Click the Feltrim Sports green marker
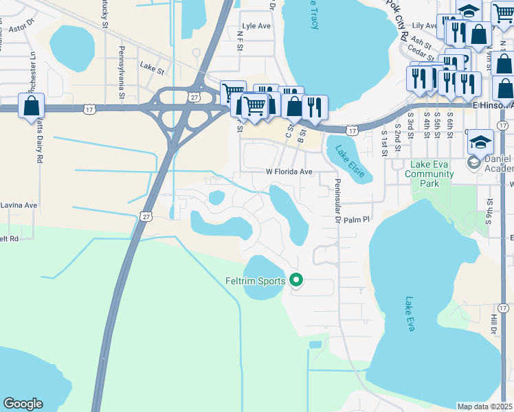pyautogui.click(x=297, y=280)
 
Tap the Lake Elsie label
pyautogui.click(x=349, y=160)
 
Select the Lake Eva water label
pyautogui.click(x=410, y=314)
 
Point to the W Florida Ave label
pyautogui.click(x=289, y=172)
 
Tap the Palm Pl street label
pyautogui.click(x=357, y=220)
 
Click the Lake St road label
pyautogui.click(x=152, y=67)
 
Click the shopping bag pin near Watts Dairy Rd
pyautogui.click(x=32, y=106)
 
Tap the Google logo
pyautogui.click(x=23, y=404)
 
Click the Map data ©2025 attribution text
pyautogui.click(x=485, y=407)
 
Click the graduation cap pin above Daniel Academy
pyautogui.click(x=480, y=142)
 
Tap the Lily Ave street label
pyautogui.click(x=423, y=25)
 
